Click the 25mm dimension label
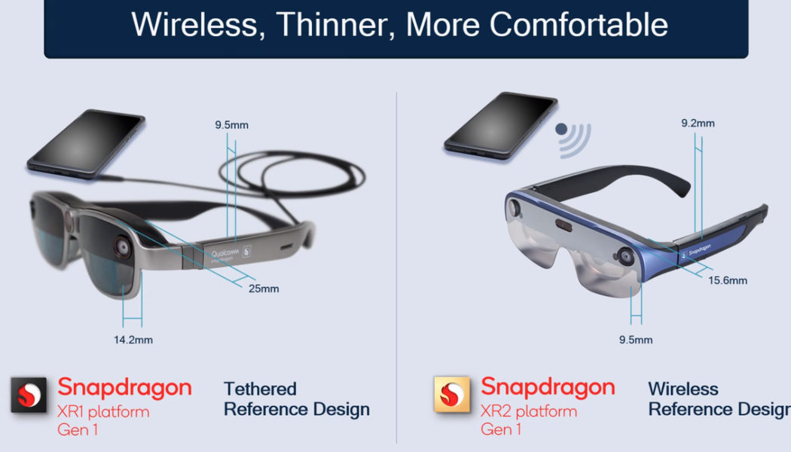(x=264, y=289)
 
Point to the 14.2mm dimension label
(x=133, y=340)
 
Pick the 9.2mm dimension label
(x=698, y=123)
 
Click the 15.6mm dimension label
(x=728, y=280)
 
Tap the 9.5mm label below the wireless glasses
(x=635, y=340)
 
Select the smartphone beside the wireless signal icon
(x=501, y=124)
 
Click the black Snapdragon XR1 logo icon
(x=29, y=395)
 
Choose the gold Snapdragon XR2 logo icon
(x=451, y=395)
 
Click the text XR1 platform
(x=103, y=412)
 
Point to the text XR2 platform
(x=529, y=411)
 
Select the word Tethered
(x=260, y=389)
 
